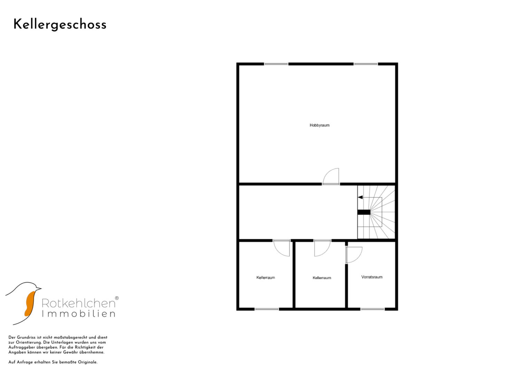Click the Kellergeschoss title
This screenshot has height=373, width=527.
pyautogui.click(x=60, y=25)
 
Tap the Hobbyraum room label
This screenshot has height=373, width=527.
pyautogui.click(x=320, y=125)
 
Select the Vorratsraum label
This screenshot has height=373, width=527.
pyautogui.click(x=372, y=277)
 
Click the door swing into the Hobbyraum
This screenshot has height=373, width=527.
pyautogui.click(x=327, y=173)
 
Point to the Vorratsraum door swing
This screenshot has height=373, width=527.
pyautogui.click(x=359, y=258)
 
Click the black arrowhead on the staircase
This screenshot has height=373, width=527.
pyautogui.click(x=360, y=197)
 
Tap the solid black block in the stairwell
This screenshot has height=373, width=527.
pyautogui.click(x=364, y=212)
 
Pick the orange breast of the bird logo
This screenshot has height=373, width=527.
pyautogui.click(x=30, y=304)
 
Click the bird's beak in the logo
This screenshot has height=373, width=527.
pyautogui.click(x=39, y=288)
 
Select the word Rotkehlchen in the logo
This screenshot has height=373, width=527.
pyautogui.click(x=79, y=303)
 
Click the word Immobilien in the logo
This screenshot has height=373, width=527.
pyautogui.click(x=79, y=314)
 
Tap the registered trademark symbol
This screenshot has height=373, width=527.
pyautogui.click(x=117, y=298)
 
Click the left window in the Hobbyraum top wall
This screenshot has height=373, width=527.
pyautogui.click(x=276, y=64)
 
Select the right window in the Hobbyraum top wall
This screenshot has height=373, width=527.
pyautogui.click(x=365, y=64)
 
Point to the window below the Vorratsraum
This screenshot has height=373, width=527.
pyautogui.click(x=372, y=309)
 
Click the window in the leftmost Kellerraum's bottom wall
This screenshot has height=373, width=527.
pyautogui.click(x=267, y=309)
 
